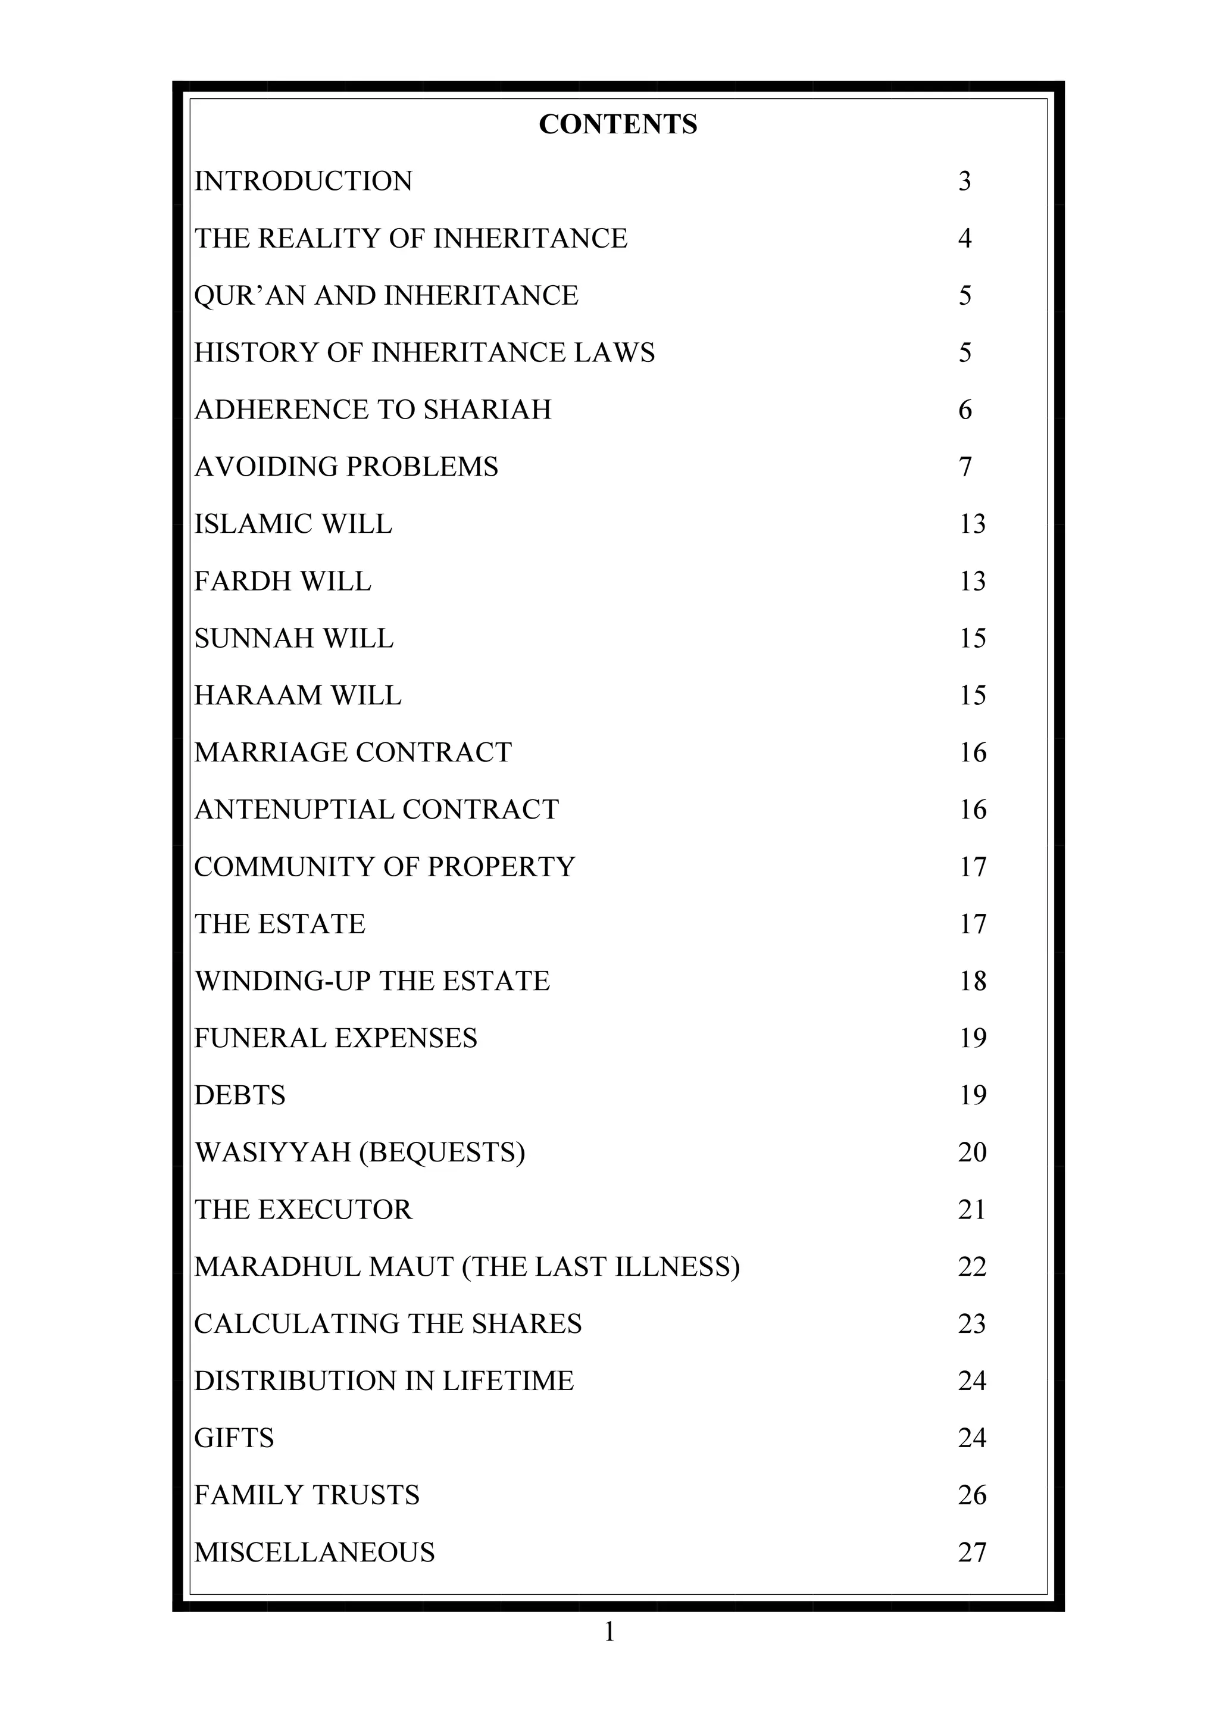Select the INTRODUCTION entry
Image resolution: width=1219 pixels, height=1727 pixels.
(303, 182)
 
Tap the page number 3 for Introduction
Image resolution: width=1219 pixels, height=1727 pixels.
(965, 182)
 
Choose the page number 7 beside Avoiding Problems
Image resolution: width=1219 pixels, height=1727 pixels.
(965, 467)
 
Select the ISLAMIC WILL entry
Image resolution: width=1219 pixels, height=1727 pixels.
(293, 524)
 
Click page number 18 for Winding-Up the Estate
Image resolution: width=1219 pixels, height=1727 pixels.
(973, 982)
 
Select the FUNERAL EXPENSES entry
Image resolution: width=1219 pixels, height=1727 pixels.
(335, 1039)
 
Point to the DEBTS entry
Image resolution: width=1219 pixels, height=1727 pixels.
(240, 1096)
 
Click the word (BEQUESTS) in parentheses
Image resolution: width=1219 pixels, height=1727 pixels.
(442, 1153)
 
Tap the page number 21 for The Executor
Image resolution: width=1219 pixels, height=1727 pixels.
(971, 1210)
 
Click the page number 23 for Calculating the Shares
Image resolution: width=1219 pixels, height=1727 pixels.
(971, 1325)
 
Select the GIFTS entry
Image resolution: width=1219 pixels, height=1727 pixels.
(234, 1439)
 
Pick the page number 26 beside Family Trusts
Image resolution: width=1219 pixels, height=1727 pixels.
(971, 1496)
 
